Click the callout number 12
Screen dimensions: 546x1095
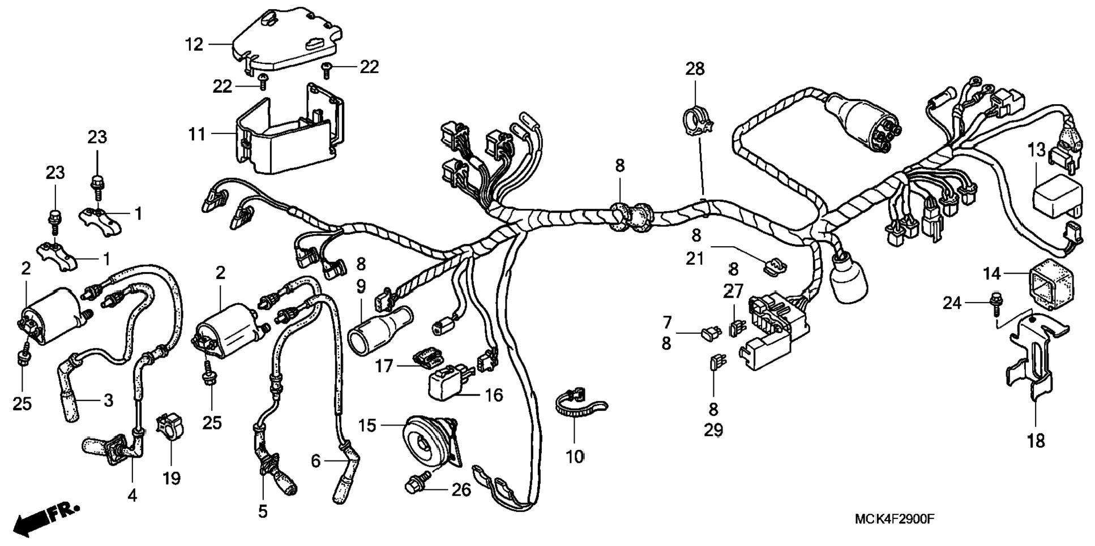(x=194, y=44)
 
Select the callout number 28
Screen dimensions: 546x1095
(x=695, y=69)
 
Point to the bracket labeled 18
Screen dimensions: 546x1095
(x=1034, y=362)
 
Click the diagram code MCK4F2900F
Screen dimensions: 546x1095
(x=895, y=518)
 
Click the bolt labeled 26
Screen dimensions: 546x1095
(x=416, y=486)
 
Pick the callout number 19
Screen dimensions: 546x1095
(x=172, y=478)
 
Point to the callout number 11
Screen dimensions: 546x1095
(x=196, y=135)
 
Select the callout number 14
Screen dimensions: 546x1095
(x=991, y=274)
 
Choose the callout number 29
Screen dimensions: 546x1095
(x=713, y=430)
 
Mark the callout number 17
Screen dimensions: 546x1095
(x=384, y=366)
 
